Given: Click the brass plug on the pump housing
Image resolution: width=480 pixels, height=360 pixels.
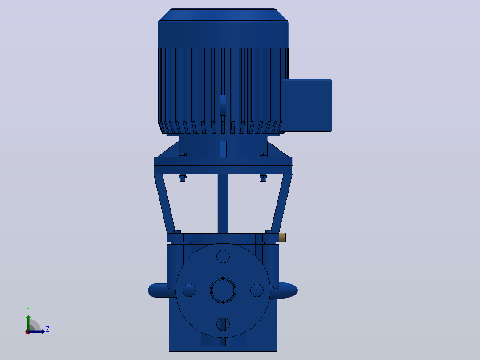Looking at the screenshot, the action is point(283,237).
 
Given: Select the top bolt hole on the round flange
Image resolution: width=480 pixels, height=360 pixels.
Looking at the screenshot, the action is point(223,257).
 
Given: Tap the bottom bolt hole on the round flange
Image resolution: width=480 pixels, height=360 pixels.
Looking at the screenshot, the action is point(223,324).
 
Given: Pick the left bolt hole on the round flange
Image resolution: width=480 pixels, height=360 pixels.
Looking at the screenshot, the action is point(189,290).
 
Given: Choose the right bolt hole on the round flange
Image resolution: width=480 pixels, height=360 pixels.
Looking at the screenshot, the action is point(257,290).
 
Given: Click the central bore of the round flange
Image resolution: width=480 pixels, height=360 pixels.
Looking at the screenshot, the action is point(223,290).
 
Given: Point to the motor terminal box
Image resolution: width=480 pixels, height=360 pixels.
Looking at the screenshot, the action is point(306,106).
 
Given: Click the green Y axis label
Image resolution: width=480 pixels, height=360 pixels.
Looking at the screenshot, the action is point(28,310).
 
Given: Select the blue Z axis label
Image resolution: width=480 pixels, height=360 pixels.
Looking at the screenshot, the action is point(48,329).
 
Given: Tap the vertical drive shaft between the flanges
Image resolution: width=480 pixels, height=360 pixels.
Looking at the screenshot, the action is point(223,204).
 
